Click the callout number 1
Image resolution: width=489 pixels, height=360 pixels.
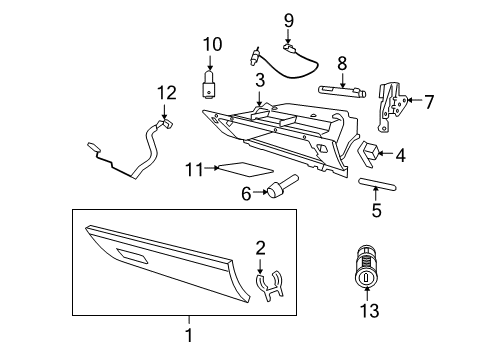coord(187,340)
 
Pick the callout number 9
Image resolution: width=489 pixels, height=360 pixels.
coord(289,20)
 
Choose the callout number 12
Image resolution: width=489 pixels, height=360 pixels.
coord(165,92)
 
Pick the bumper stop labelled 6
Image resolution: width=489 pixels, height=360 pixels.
coord(282,188)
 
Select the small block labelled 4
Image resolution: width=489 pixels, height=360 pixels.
coord(368,154)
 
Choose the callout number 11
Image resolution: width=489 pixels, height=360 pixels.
coord(193,170)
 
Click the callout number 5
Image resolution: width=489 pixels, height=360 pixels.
coord(376,211)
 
